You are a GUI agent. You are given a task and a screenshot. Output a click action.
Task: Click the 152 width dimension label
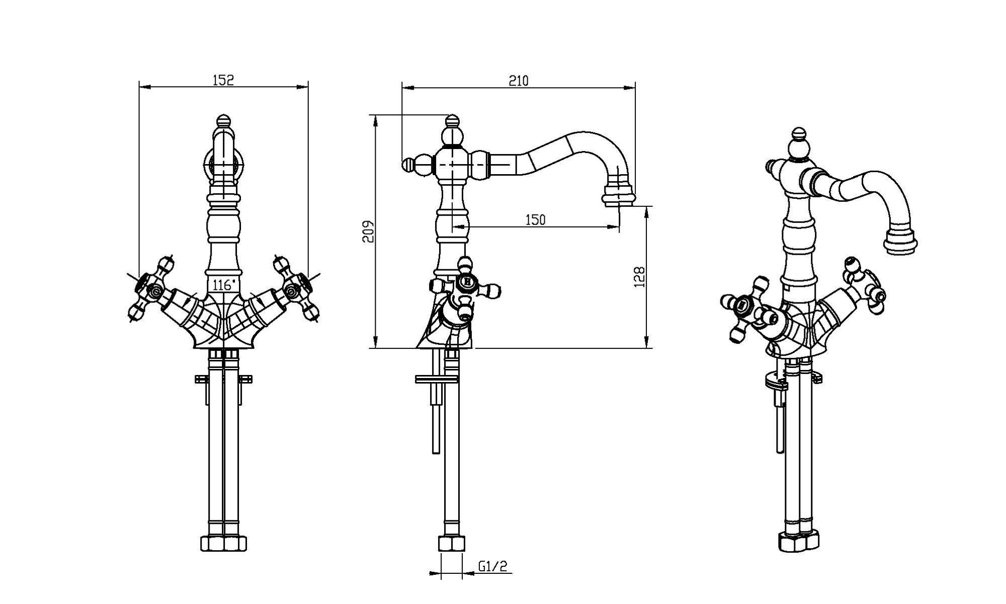pos(223,80)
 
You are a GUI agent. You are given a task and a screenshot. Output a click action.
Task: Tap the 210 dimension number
pos(519,81)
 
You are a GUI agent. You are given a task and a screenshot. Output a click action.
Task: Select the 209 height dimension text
pos(369,232)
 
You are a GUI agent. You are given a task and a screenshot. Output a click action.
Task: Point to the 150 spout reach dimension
pos(535,219)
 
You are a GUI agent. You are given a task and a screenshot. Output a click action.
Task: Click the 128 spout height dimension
pos(640,277)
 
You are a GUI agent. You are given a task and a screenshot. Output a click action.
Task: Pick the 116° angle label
pos(222,285)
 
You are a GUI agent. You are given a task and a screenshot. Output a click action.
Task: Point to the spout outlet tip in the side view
pos(619,197)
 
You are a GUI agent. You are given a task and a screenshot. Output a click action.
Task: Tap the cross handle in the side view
pos(466,285)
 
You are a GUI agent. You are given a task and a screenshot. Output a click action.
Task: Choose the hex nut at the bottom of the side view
pos(452,544)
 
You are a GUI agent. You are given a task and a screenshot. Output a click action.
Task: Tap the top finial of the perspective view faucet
pos(798,134)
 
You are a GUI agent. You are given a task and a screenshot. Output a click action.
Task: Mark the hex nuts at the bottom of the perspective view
pos(799,542)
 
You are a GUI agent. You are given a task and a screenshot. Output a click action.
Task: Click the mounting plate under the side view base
pos(437,379)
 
